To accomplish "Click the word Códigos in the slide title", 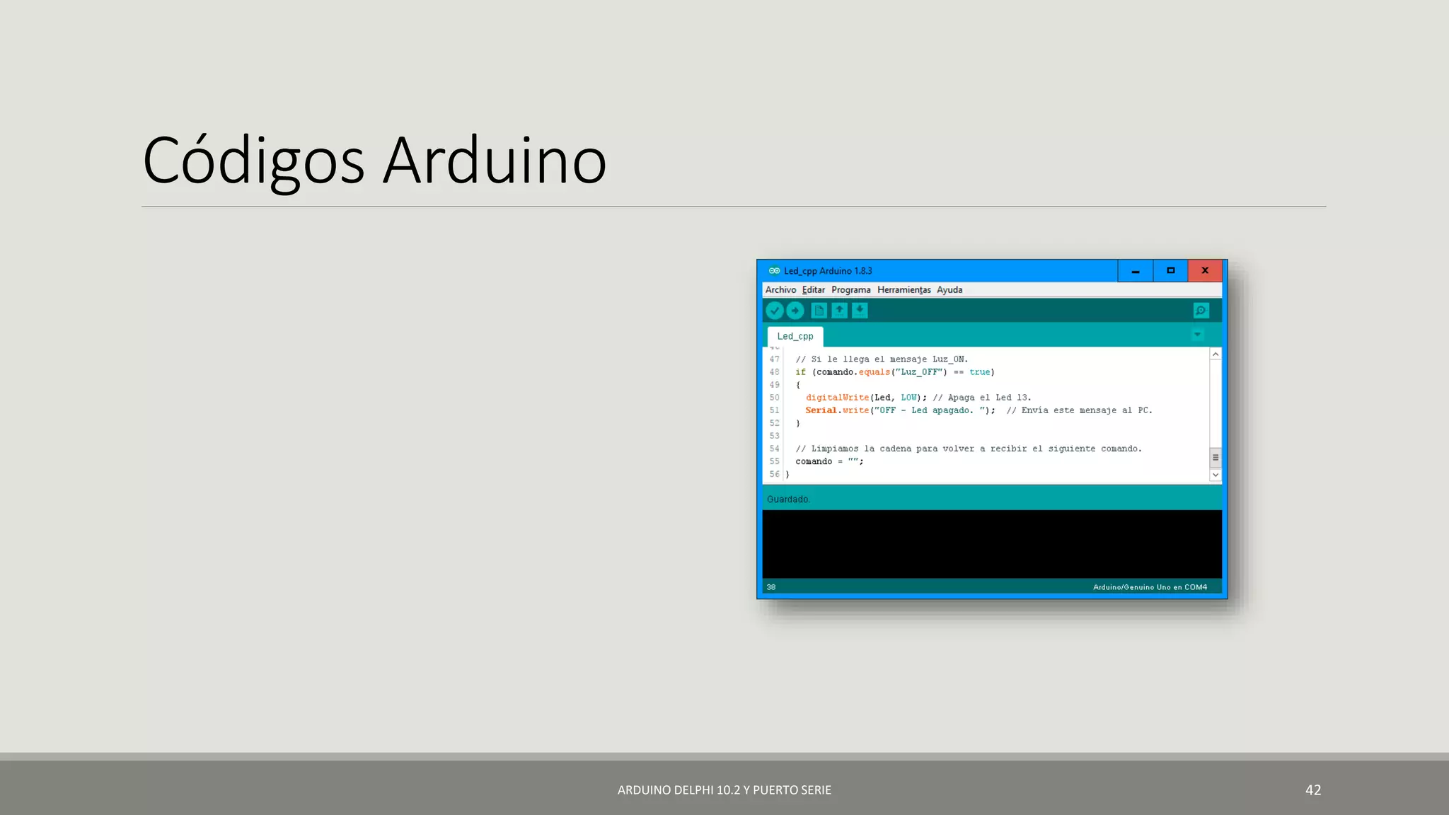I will [x=253, y=161].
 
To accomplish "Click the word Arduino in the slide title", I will [x=495, y=161].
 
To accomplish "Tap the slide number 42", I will [x=1312, y=790].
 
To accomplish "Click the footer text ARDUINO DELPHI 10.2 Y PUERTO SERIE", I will [x=724, y=790].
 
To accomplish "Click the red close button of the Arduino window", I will [x=1205, y=271].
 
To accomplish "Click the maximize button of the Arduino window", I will [x=1170, y=271].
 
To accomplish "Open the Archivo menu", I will [x=780, y=290].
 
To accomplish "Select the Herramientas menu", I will [x=904, y=290].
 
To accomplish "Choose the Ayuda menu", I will [x=949, y=290].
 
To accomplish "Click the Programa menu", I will [x=850, y=290].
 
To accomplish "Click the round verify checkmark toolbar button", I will [x=775, y=311].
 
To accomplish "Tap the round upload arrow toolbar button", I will [x=795, y=311].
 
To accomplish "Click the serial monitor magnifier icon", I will [x=1201, y=311].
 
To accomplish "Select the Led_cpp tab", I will [x=795, y=337].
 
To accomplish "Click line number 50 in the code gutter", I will [x=774, y=398].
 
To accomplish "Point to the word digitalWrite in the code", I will [x=837, y=398].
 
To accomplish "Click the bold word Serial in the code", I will [x=821, y=410].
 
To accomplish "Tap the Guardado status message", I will [x=787, y=499].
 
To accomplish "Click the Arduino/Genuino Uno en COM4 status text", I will [x=1150, y=587].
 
